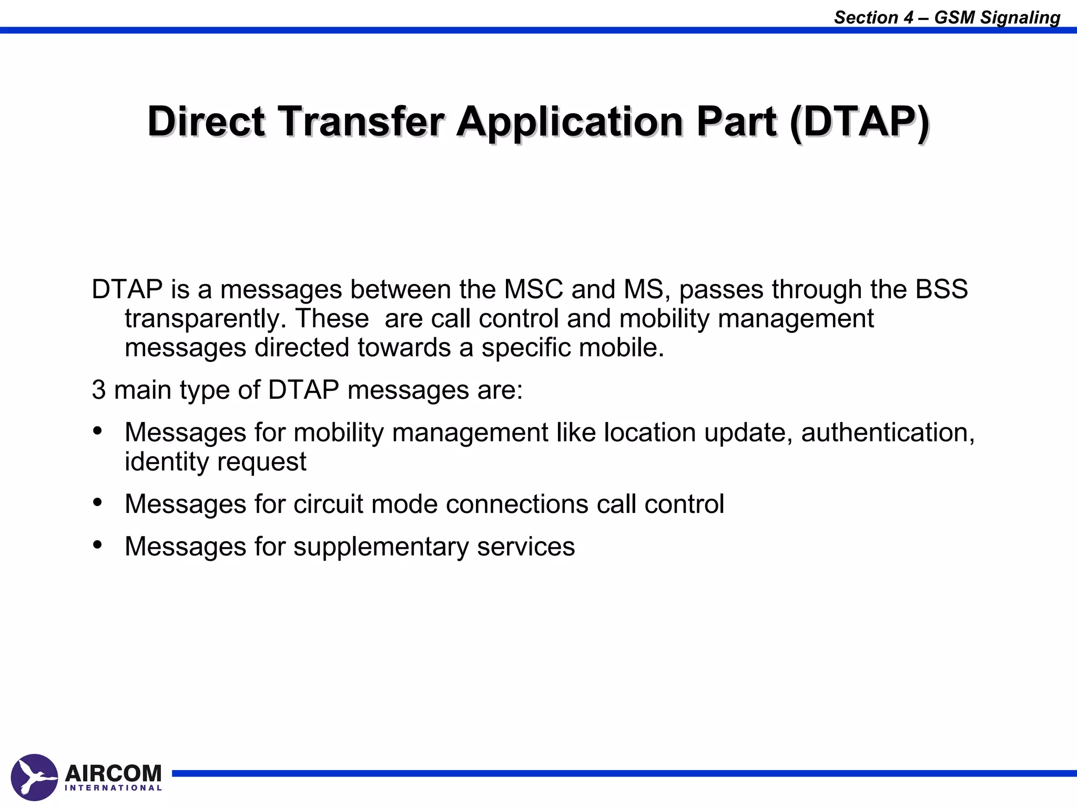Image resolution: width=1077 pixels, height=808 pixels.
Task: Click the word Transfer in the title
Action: [361, 122]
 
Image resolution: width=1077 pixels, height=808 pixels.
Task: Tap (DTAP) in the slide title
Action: [859, 122]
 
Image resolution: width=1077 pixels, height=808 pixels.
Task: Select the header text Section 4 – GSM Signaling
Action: [947, 17]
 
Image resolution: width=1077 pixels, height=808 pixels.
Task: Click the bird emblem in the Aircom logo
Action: [34, 777]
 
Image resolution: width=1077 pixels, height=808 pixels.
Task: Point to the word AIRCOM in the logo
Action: [113, 773]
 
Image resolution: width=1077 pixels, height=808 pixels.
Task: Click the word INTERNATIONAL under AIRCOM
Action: [113, 788]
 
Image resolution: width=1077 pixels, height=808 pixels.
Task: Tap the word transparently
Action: [205, 319]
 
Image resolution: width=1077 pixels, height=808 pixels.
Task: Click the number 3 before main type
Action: [99, 390]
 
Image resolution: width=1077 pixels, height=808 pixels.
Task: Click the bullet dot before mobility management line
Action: [97, 431]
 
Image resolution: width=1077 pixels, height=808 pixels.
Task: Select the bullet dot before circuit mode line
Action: [97, 502]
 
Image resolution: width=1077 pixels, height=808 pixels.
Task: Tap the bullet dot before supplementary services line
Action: [97, 545]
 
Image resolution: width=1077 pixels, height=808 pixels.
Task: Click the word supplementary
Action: [381, 547]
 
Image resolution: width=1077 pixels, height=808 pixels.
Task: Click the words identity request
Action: [215, 462]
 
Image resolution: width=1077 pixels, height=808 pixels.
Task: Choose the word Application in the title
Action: [570, 122]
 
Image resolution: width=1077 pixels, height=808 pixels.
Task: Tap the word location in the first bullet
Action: [649, 432]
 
